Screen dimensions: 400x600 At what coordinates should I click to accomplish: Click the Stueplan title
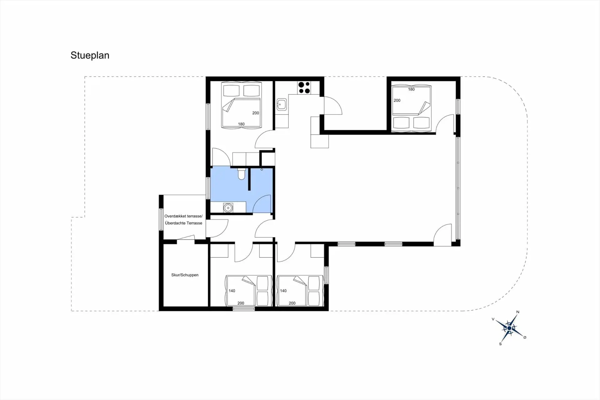[90, 55]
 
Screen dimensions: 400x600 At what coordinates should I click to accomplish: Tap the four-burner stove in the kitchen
[304, 88]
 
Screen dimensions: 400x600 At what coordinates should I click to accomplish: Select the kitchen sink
[282, 104]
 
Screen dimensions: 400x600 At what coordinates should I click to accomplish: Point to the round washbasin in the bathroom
[228, 208]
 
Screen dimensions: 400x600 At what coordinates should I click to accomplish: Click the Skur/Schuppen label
[185, 275]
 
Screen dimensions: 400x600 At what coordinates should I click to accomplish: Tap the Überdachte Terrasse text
[183, 223]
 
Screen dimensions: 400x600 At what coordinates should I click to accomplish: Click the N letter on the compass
[518, 312]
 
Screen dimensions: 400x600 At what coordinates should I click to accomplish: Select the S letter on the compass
[500, 344]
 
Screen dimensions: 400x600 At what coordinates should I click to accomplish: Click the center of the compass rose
[509, 328]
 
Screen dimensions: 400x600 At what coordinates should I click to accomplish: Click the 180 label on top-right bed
[411, 89]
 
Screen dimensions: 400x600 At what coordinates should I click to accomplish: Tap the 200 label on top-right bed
[397, 100]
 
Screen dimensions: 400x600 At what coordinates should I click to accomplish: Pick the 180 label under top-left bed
[241, 124]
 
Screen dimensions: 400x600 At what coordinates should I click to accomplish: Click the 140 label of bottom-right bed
[283, 291]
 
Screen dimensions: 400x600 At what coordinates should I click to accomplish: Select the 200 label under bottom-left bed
[241, 303]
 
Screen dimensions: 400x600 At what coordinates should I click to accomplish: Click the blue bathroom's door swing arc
[262, 204]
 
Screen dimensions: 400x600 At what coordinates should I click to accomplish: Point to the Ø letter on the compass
[525, 337]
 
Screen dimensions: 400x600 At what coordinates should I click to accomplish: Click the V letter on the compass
[493, 319]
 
